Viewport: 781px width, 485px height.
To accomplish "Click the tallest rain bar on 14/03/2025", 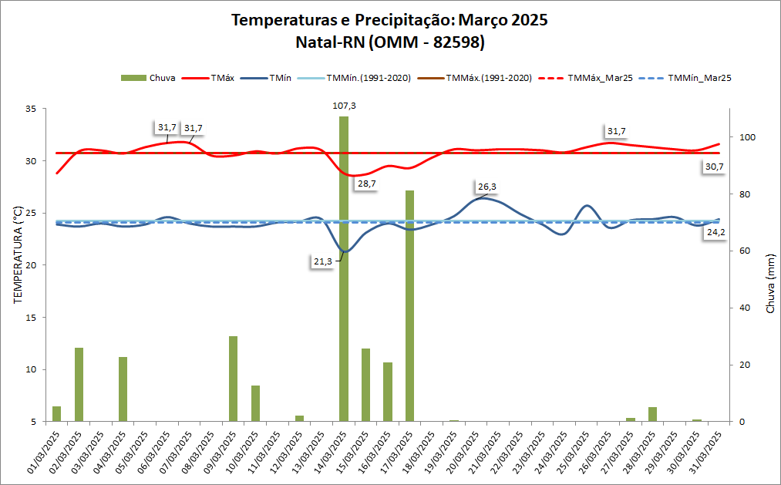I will (344, 270).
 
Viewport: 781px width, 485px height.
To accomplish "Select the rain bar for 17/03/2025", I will (410, 308).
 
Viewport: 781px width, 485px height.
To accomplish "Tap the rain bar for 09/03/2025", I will (233, 378).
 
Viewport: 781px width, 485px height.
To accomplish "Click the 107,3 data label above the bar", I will (343, 106).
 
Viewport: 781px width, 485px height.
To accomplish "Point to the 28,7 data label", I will (365, 184).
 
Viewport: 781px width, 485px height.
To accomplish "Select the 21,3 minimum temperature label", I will (323, 261).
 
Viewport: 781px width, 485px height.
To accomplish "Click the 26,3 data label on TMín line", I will (487, 187).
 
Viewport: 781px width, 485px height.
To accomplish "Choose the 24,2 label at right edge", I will (715, 231).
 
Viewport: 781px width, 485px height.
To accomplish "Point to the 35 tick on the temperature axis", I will (32, 109).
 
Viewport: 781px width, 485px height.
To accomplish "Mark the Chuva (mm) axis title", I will (769, 285).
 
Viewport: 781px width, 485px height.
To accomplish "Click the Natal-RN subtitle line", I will (390, 43).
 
